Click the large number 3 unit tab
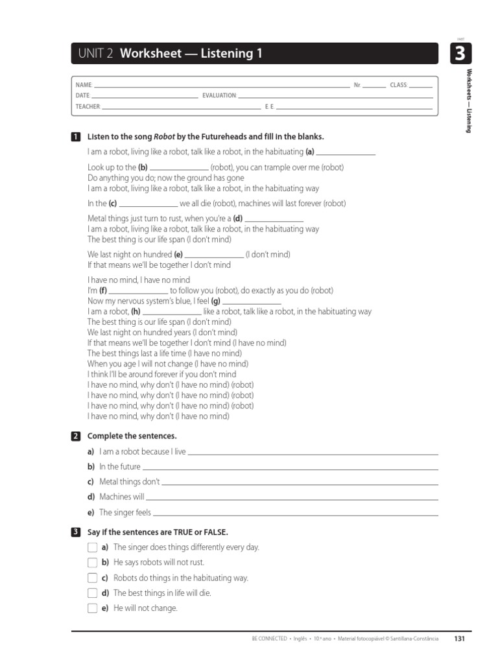tap(459, 54)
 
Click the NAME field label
tap(84, 86)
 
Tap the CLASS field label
tap(398, 86)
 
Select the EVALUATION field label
tap(219, 95)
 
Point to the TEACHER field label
tap(88, 106)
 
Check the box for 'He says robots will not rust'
tap(92, 562)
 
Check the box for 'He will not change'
tap(92, 608)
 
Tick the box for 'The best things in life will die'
tap(92, 593)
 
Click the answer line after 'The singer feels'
tap(295, 514)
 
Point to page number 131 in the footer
tap(459, 639)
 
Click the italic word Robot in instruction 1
tap(163, 137)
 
